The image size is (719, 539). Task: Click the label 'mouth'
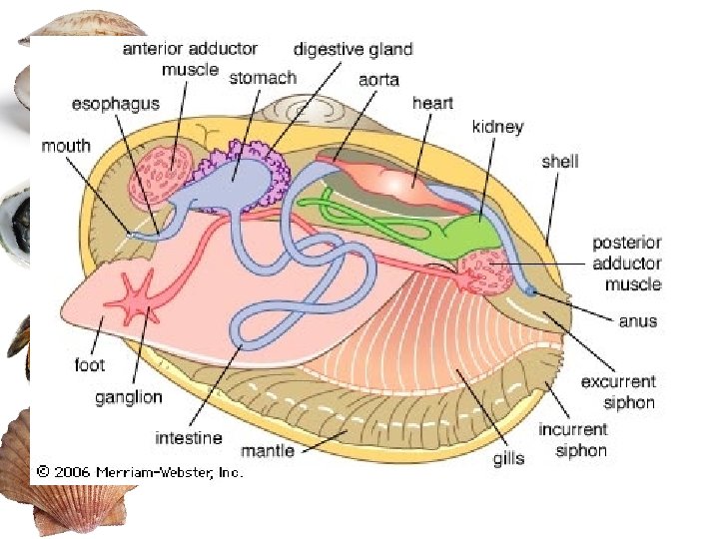[x=65, y=147]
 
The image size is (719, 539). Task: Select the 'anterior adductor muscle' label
[x=190, y=59]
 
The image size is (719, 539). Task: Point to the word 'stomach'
[x=263, y=78]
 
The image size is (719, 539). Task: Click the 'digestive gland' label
[x=353, y=49]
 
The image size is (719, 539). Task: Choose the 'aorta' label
[x=379, y=79]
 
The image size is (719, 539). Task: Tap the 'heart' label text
[x=432, y=103]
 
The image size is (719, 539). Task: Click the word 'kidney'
[x=497, y=128]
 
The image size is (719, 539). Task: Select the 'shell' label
[x=559, y=161]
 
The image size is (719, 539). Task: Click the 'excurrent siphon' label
[x=618, y=391]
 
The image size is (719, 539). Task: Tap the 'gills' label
[x=509, y=459]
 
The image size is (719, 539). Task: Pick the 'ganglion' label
[x=128, y=397]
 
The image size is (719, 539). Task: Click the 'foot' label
[x=90, y=365]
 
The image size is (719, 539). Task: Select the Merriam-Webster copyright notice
[x=140, y=471]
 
